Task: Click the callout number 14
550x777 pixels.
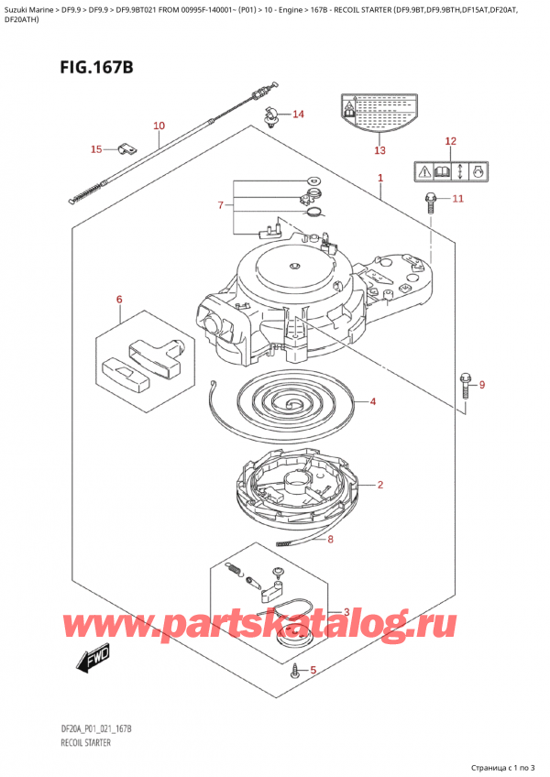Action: [298, 115]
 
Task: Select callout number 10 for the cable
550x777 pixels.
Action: [159, 126]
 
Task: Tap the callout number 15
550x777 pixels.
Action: [97, 148]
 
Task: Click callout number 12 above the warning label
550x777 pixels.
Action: [449, 141]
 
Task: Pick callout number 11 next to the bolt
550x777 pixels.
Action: [457, 198]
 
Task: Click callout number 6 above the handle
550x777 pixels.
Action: [118, 299]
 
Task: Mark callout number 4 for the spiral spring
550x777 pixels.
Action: [373, 401]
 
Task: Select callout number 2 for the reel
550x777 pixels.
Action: [379, 485]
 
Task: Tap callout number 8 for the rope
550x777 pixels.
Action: [331, 540]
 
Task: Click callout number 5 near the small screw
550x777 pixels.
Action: [313, 670]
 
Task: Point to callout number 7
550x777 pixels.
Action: [220, 205]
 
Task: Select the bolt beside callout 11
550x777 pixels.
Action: [429, 203]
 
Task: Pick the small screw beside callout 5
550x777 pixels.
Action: [294, 673]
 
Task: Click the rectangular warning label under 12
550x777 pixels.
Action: [449, 170]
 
